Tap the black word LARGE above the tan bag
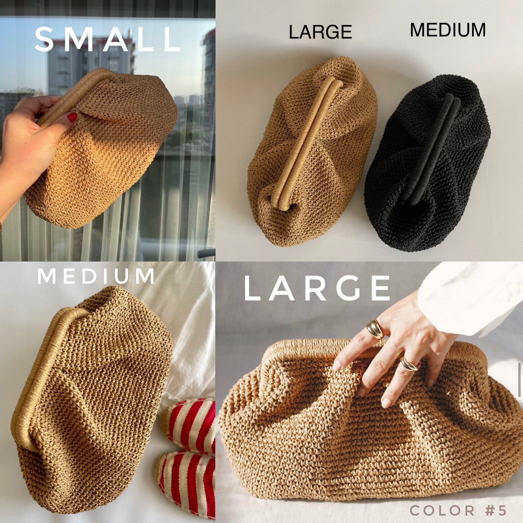click(x=320, y=32)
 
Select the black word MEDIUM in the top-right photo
click(x=448, y=30)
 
